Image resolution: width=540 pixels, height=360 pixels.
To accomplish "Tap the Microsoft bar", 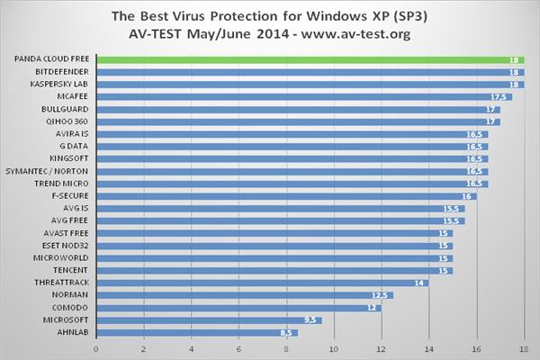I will pos(207,319).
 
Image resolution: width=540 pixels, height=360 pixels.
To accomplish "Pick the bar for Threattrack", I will pos(261,282).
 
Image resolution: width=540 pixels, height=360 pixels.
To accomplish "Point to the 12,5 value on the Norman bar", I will pos(382,294).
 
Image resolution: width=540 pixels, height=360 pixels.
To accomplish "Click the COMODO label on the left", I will pos(70,307).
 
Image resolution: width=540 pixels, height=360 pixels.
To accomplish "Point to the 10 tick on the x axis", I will pos(334,348).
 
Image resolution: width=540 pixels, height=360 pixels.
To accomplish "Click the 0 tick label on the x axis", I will pos(96,348).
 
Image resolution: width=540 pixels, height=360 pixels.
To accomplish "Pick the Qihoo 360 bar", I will pos(297,121).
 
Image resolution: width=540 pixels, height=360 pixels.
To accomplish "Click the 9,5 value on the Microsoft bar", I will pos(310,319).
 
